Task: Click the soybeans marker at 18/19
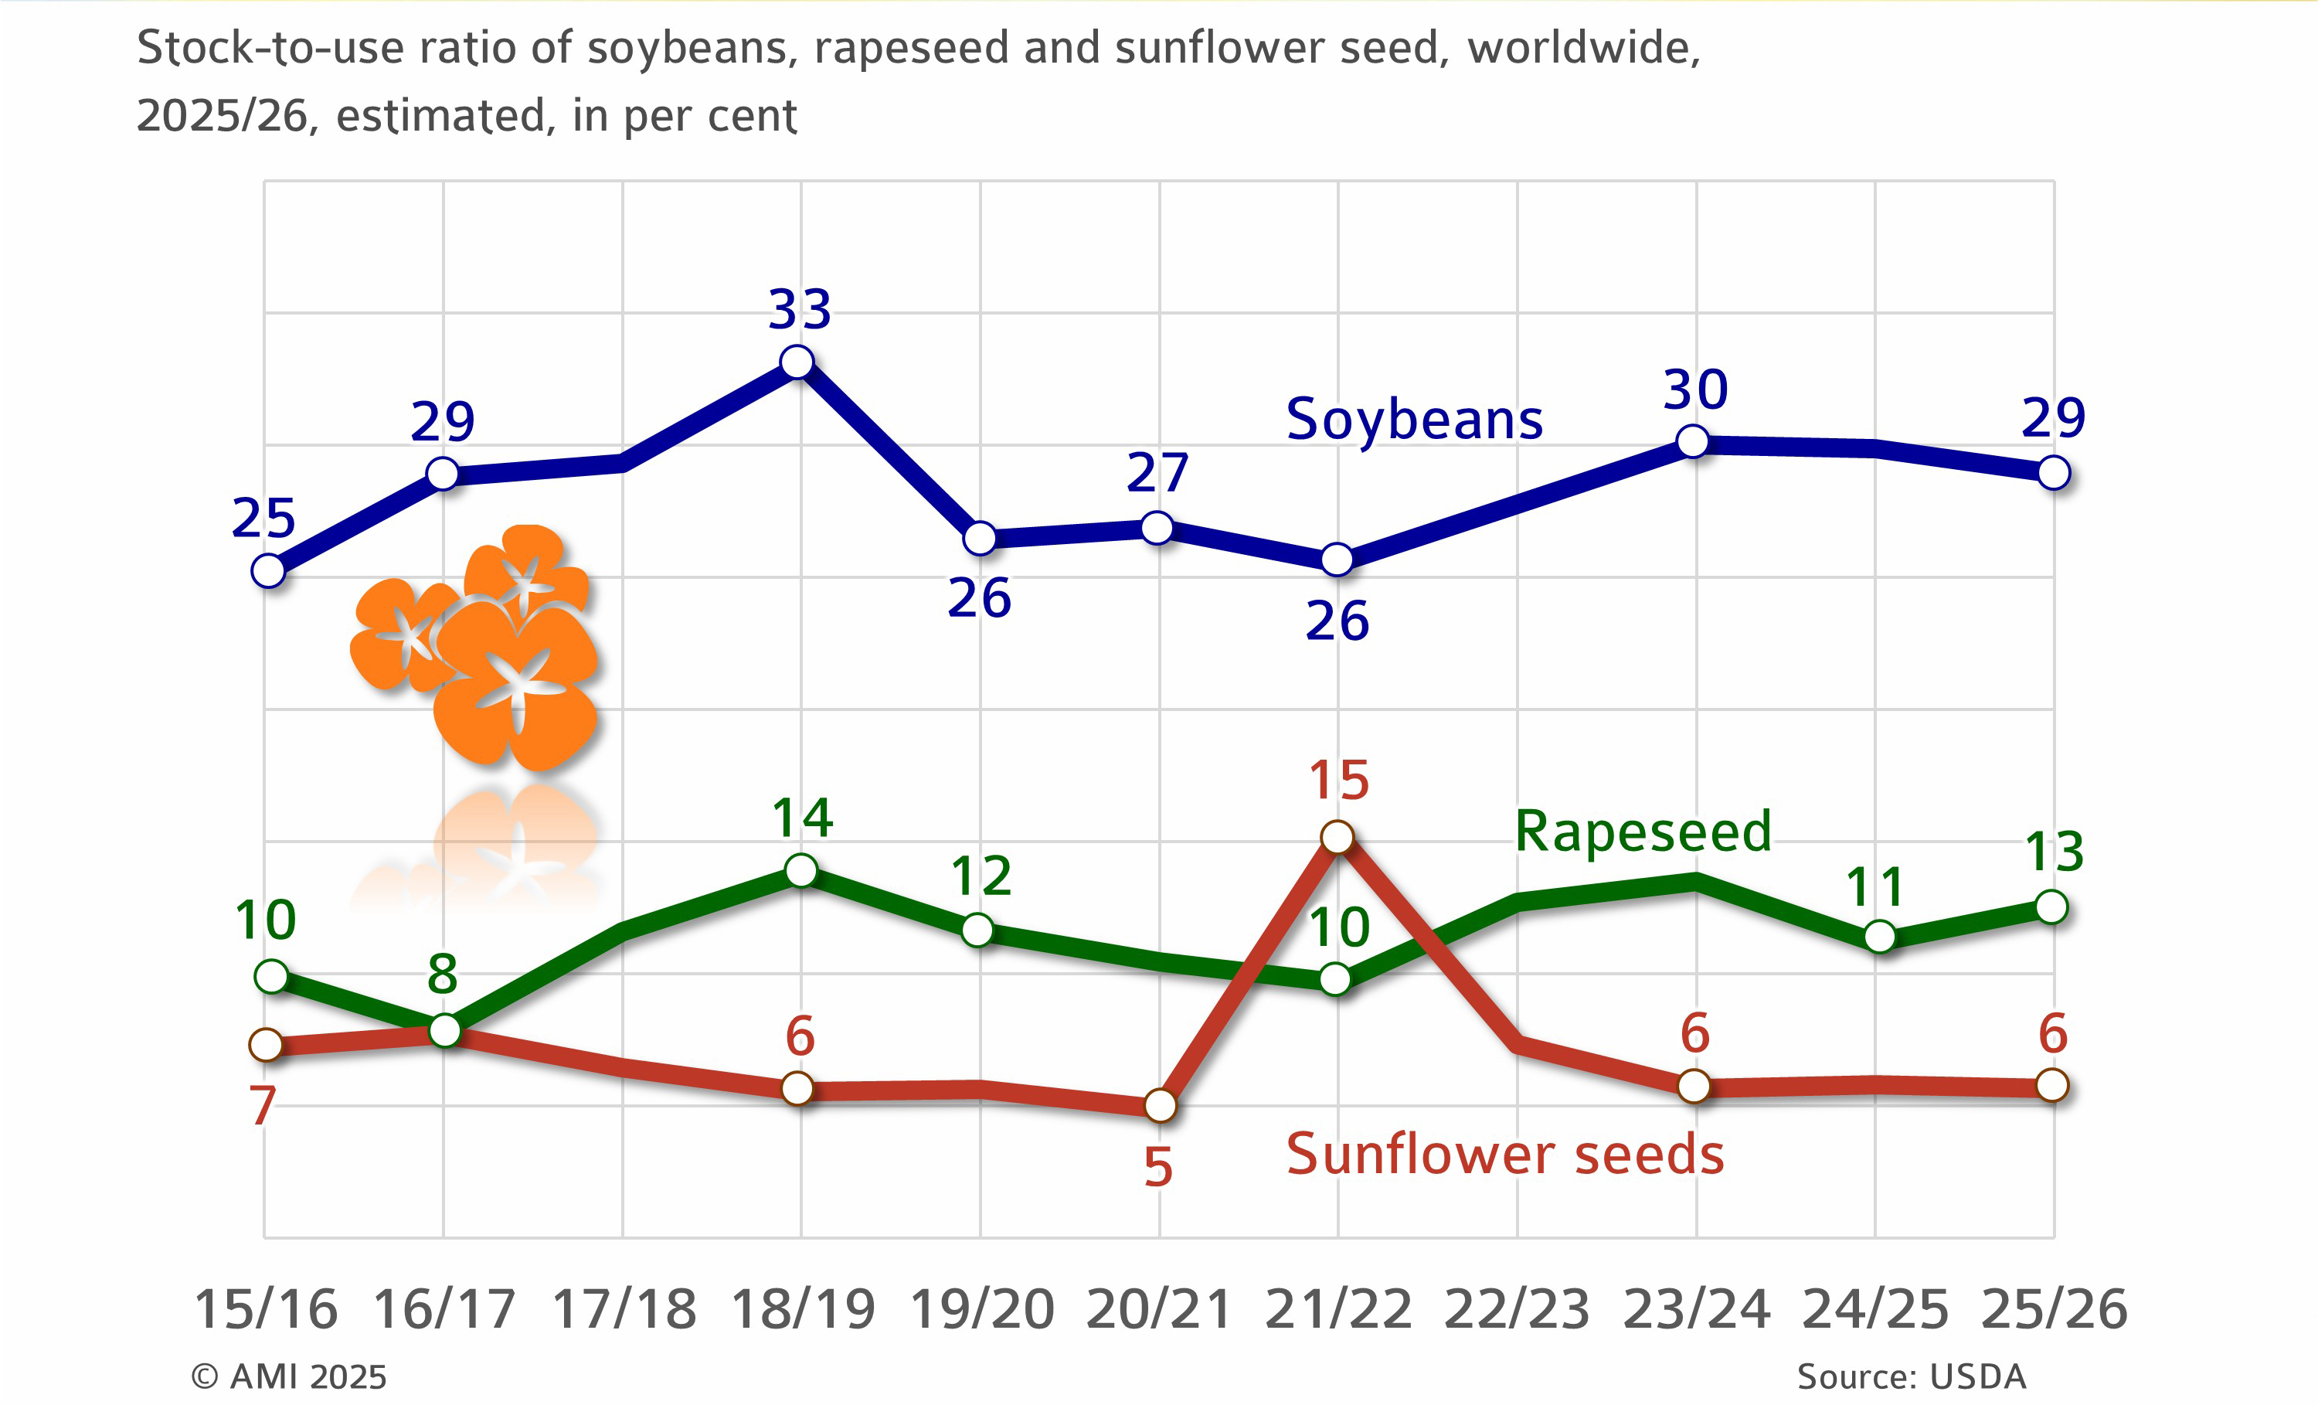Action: point(797,362)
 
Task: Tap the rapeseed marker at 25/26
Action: point(2051,907)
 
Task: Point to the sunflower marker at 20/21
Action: point(1160,1106)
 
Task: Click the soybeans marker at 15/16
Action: point(268,570)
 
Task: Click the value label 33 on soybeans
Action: point(800,310)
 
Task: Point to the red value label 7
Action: point(263,1106)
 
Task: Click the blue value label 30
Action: point(1695,390)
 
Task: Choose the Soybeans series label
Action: point(1414,420)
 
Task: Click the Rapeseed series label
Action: point(1643,832)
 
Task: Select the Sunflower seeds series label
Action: point(1504,1155)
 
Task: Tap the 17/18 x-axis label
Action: point(624,1310)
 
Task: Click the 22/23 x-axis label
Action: point(1517,1310)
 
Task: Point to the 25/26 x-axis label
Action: point(2054,1310)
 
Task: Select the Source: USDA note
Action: point(1911,1376)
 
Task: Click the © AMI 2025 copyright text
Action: point(289,1376)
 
